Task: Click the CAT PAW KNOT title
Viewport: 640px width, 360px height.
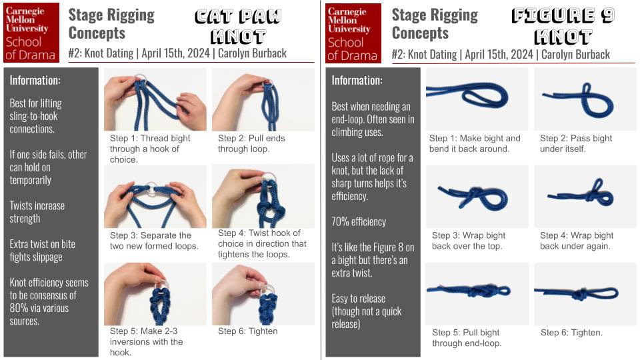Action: tap(238, 26)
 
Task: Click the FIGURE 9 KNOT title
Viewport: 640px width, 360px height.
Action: tap(563, 26)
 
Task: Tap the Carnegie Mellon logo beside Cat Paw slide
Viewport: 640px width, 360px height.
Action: tap(31, 33)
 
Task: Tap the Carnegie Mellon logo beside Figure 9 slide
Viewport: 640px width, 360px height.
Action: tap(353, 33)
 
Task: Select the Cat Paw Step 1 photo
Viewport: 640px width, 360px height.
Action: tap(155, 99)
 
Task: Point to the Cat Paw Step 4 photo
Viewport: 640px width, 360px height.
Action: tap(263, 196)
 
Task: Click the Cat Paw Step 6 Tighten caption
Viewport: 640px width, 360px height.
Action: tap(248, 331)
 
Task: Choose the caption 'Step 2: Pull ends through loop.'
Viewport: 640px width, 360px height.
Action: tap(251, 143)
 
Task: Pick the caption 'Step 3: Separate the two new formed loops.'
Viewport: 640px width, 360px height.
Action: tap(154, 241)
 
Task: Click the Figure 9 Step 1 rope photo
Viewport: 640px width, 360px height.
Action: tap(477, 99)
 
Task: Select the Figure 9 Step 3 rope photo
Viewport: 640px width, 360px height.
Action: tap(477, 197)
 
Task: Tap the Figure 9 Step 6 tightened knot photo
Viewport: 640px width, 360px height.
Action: tap(585, 294)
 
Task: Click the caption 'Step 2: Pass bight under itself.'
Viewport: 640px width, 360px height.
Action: tap(576, 143)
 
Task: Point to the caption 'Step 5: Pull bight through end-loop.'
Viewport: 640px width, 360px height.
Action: tap(467, 337)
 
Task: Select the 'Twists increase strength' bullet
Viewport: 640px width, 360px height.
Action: tap(37, 212)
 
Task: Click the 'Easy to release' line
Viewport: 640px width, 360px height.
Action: tap(359, 299)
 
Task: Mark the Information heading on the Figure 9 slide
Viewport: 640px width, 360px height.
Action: tap(357, 81)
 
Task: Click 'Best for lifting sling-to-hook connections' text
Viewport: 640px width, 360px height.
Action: tap(36, 116)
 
